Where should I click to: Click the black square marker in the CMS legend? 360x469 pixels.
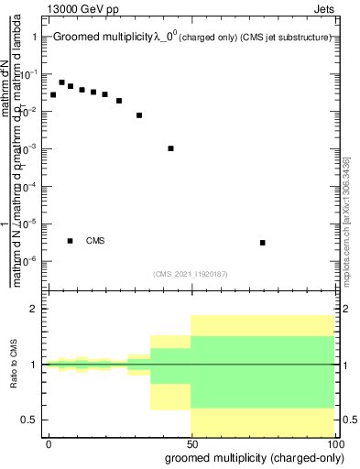pos(71,241)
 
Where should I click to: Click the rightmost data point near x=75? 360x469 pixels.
pos(263,243)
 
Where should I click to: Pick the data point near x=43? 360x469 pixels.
pos(171,148)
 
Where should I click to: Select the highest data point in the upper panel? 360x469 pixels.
pos(61,82)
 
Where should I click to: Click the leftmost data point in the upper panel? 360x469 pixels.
pos(53,94)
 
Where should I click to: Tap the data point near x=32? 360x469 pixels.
pos(139,115)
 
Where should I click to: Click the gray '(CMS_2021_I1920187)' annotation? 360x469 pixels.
pos(191,273)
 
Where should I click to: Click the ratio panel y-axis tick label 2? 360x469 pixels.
pos(34,309)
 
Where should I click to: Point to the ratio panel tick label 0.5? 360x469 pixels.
pos(29,420)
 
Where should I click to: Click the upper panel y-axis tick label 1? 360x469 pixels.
pos(34,37)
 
